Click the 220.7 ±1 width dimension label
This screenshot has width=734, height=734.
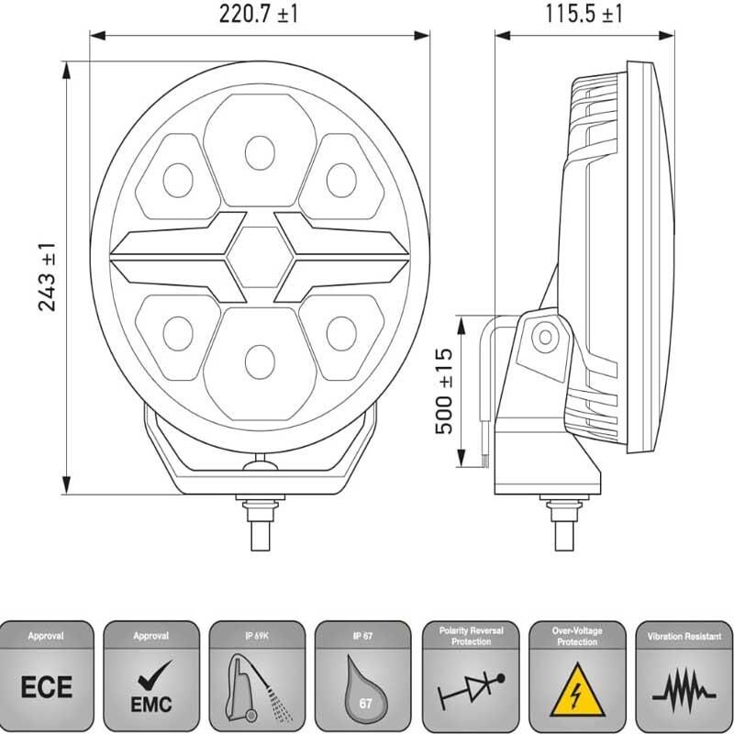coord(259,15)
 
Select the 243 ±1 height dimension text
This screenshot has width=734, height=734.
coord(48,277)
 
